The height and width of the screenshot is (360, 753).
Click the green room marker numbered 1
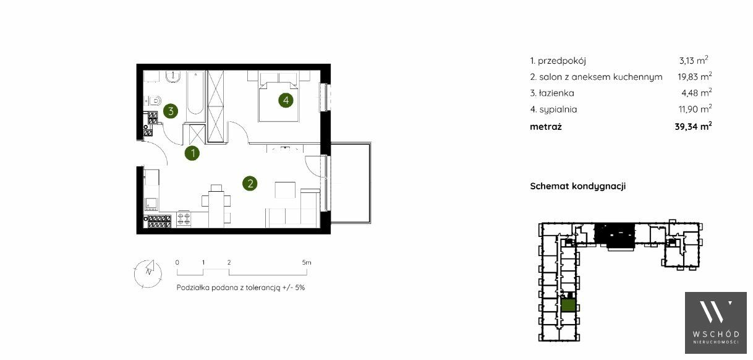pos(192,153)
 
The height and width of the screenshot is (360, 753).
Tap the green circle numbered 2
pos(250,183)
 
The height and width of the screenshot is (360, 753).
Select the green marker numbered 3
pos(171,111)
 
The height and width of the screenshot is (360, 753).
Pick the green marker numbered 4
pos(286,100)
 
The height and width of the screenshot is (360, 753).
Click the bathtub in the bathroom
pos(195,96)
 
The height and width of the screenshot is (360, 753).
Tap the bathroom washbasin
pos(172,77)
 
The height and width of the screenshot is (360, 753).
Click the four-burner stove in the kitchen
pos(184,219)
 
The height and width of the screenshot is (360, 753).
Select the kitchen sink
pos(151,204)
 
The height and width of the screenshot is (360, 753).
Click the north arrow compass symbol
pos(148,273)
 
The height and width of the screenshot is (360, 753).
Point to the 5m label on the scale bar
pos(307,262)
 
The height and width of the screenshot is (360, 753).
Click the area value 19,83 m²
pos(694,77)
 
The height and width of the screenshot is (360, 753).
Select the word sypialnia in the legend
pos(558,109)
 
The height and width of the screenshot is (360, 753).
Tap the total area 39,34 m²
pos(693,126)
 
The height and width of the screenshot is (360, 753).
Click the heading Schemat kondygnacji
pos(578,186)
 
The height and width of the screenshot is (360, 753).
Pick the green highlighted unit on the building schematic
pos(568,306)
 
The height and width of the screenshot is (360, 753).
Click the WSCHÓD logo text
pos(716,334)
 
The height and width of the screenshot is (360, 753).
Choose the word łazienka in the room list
pos(556,93)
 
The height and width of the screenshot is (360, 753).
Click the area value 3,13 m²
pos(694,61)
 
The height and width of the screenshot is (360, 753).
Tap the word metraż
pos(546,127)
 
